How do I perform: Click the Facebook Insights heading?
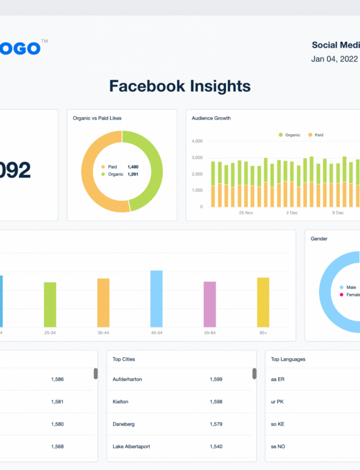click(179, 86)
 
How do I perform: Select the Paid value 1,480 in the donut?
click(133, 167)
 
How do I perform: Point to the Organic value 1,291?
click(133, 174)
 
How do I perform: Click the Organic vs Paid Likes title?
click(97, 119)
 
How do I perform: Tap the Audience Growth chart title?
click(211, 119)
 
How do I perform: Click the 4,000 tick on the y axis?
click(197, 141)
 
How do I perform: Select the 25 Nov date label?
click(246, 213)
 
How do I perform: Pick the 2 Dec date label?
click(292, 213)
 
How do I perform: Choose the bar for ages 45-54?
click(157, 299)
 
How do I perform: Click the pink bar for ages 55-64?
click(210, 304)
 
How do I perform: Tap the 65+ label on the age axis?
click(263, 333)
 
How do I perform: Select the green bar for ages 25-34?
click(50, 305)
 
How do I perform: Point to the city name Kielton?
click(121, 402)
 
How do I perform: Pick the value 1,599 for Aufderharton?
click(216, 379)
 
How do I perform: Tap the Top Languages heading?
click(288, 359)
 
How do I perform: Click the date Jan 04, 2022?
click(334, 59)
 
